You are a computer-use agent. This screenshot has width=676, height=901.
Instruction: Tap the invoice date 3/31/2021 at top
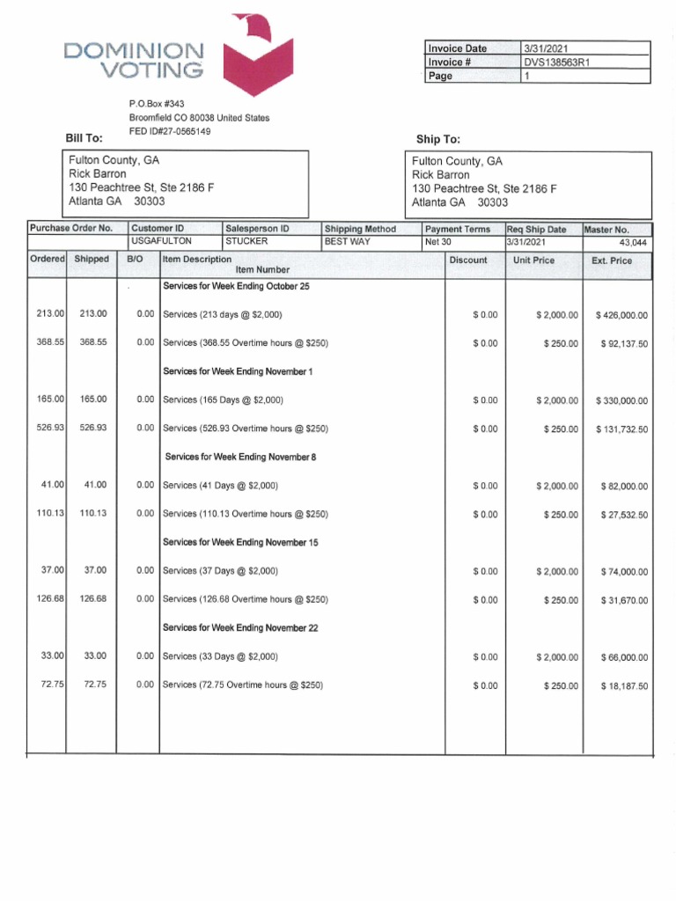click(547, 48)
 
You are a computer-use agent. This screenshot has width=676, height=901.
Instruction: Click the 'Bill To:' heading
click(84, 138)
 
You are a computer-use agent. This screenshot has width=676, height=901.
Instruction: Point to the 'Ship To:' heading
click(437, 140)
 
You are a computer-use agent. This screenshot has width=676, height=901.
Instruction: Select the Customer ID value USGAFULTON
click(161, 241)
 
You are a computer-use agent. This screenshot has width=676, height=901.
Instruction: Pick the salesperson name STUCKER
click(246, 241)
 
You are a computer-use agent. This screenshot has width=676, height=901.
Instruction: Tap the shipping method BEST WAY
click(347, 241)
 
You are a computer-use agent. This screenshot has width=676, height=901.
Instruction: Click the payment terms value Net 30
click(437, 241)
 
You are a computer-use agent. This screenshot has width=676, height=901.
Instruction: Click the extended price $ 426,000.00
click(621, 315)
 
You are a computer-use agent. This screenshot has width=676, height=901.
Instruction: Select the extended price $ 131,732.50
click(621, 429)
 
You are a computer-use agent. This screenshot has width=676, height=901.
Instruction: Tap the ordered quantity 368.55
click(50, 342)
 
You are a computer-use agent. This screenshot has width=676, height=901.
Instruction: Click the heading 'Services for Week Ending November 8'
click(241, 458)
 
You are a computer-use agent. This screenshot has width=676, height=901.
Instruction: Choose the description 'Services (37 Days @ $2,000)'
click(221, 571)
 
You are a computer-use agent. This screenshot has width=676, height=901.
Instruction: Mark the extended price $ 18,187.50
click(624, 686)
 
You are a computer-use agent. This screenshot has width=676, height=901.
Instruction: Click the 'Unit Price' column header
click(533, 260)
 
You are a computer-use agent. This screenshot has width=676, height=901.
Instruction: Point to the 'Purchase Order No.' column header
click(71, 229)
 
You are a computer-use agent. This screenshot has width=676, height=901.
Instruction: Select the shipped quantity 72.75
click(95, 685)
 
